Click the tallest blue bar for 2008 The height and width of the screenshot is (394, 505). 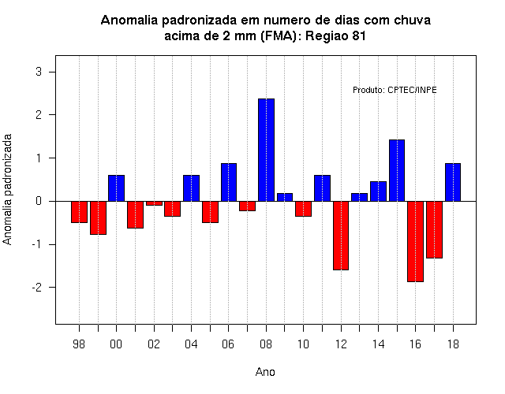266,150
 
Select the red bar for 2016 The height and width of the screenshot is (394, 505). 416,242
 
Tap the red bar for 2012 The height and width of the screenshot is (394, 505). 341,236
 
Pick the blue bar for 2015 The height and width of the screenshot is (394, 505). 397,170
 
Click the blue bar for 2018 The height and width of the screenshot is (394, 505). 453,182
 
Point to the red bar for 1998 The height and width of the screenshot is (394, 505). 79,212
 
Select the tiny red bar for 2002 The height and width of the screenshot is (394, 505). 154,203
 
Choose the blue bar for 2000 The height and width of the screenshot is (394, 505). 116,188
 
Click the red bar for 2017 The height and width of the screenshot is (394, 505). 434,229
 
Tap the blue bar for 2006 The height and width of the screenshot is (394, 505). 229,182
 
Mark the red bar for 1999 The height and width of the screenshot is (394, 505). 98,217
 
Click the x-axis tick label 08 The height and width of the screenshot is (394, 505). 266,344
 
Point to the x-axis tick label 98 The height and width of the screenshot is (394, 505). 79,344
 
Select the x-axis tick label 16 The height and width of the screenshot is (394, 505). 416,344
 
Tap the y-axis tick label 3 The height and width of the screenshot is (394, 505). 39,72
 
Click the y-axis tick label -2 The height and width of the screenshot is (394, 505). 37,287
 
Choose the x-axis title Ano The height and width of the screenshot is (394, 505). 265,372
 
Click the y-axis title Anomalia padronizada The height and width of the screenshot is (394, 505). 7,189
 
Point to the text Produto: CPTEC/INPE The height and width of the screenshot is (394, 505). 395,90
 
